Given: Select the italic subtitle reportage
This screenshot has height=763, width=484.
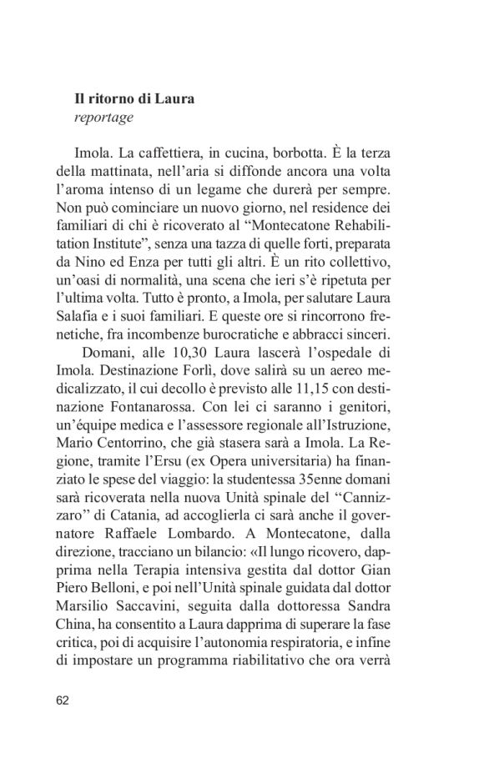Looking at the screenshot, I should tap(103, 118).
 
